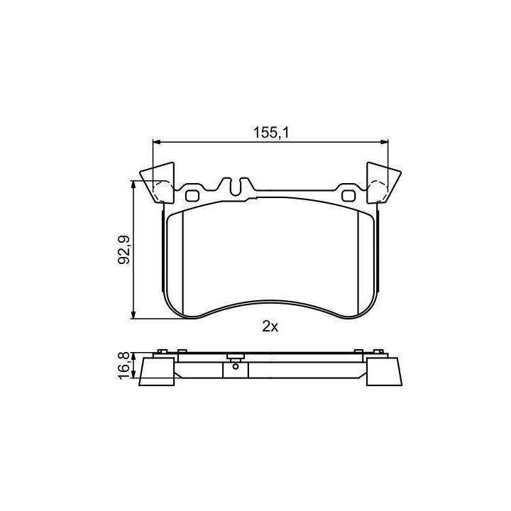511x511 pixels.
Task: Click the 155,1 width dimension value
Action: pyautogui.click(x=271, y=133)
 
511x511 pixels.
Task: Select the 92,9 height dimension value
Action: pyautogui.click(x=123, y=249)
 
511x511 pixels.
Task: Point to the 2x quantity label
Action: pyautogui.click(x=270, y=326)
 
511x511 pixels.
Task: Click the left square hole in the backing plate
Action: pyautogui.click(x=192, y=196)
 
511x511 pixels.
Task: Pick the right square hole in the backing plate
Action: pyautogui.click(x=348, y=196)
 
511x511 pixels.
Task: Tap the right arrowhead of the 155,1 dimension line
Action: pyautogui.click(x=384, y=142)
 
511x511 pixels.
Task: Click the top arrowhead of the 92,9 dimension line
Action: pyautogui.click(x=133, y=185)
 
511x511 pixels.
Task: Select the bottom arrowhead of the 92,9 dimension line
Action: pyautogui.click(x=133, y=314)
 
